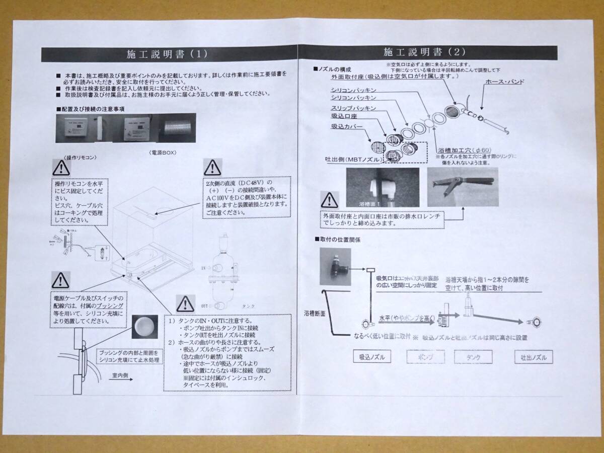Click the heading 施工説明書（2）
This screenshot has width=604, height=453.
425,51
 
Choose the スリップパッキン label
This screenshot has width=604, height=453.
352,108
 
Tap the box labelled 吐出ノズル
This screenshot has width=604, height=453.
530,357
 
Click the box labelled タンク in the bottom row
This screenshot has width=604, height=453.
473,357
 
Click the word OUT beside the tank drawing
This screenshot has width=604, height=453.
205,306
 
